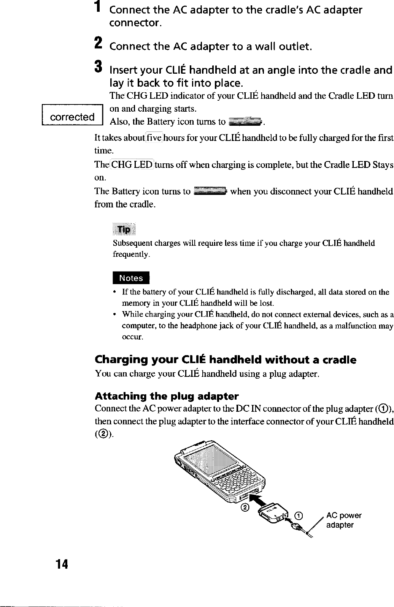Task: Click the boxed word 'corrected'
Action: click(x=72, y=117)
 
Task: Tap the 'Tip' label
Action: click(x=124, y=229)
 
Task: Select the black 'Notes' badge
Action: click(x=131, y=278)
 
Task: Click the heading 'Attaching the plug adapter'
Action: click(x=167, y=397)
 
